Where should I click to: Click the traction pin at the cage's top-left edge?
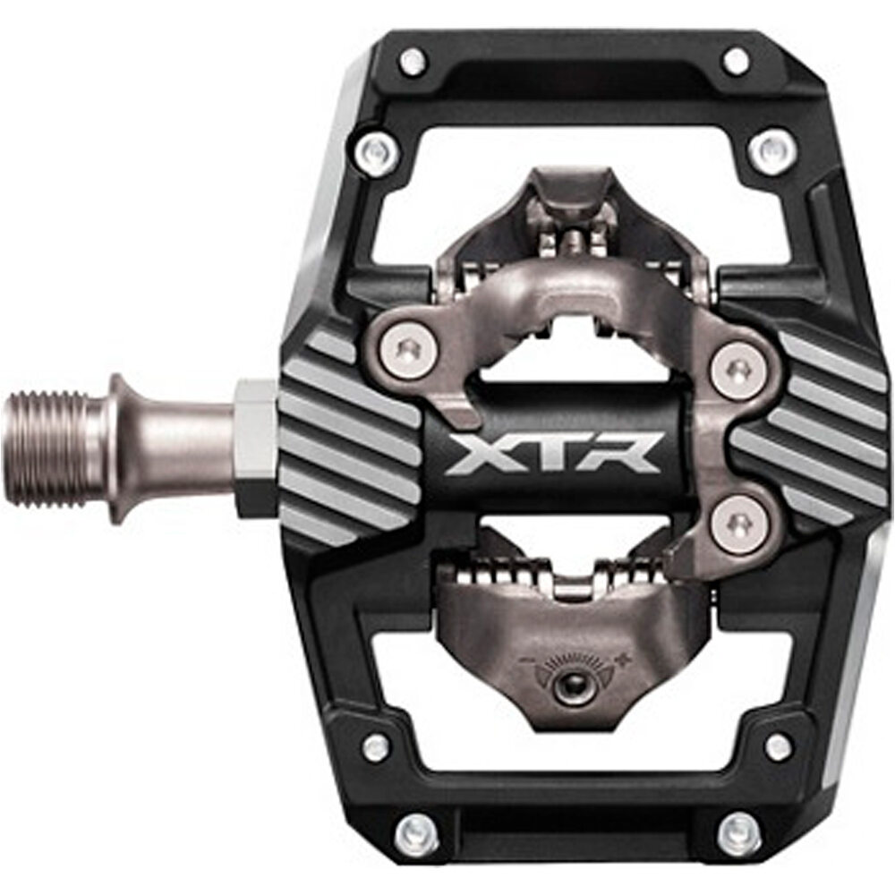(413, 61)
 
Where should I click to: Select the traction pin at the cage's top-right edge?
(736, 61)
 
